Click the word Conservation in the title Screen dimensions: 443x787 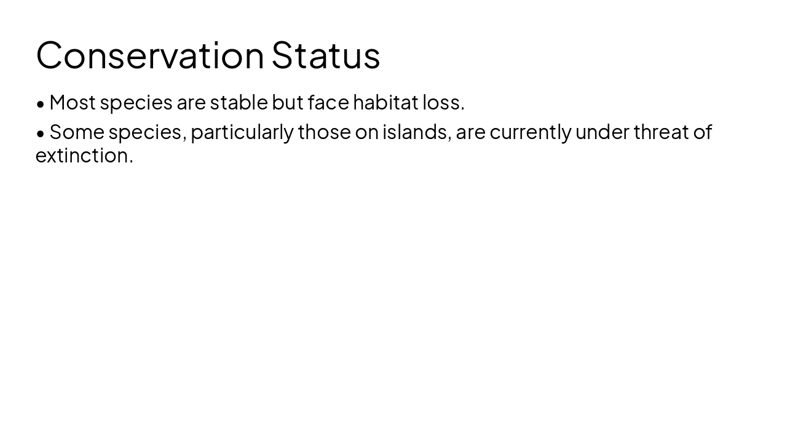click(150, 55)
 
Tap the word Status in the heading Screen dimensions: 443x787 click(326, 55)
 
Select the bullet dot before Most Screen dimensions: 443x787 click(41, 104)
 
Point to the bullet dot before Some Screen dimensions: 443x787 click(41, 134)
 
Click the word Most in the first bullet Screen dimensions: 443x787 click(73, 102)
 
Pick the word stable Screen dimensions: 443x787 click(239, 102)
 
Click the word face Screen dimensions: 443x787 click(328, 102)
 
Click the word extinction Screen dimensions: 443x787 click(84, 155)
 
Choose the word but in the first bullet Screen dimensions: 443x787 click(288, 102)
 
